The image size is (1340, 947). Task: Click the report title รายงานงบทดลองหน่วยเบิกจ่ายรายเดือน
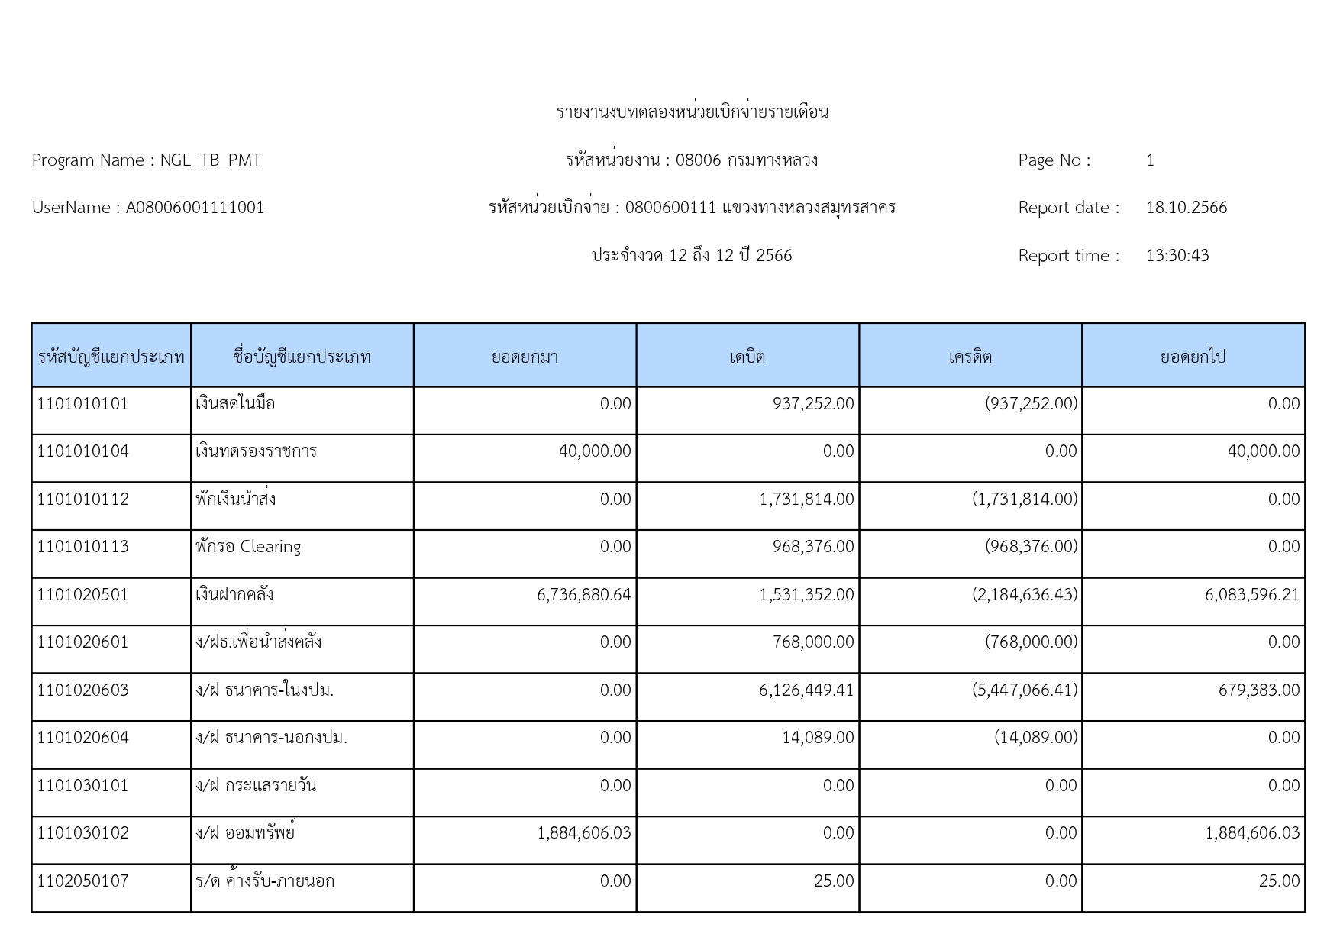(x=692, y=112)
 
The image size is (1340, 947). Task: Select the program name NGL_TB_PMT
(x=211, y=160)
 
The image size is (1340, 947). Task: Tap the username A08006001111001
(x=195, y=208)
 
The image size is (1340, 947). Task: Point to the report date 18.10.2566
(x=1186, y=208)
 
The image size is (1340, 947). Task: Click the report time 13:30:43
(x=1177, y=256)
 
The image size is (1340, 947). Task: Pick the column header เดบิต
(x=747, y=357)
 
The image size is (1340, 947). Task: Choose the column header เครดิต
(x=970, y=357)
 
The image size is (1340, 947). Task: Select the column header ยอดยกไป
(x=1193, y=357)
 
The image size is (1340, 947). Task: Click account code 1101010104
(x=83, y=451)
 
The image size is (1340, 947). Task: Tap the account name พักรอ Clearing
(x=248, y=547)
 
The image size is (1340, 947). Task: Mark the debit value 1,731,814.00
(x=806, y=499)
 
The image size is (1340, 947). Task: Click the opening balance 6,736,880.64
(x=584, y=595)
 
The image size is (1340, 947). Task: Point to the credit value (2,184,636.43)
(x=1025, y=595)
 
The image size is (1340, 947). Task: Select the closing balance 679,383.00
(x=1258, y=690)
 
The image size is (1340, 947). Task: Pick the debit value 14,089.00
(x=818, y=738)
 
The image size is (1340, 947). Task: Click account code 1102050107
(x=83, y=881)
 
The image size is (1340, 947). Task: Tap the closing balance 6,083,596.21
(x=1252, y=595)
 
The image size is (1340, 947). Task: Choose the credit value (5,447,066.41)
(x=1025, y=690)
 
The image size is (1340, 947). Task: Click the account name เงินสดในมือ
(x=235, y=404)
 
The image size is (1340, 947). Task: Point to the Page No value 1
(x=1150, y=160)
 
